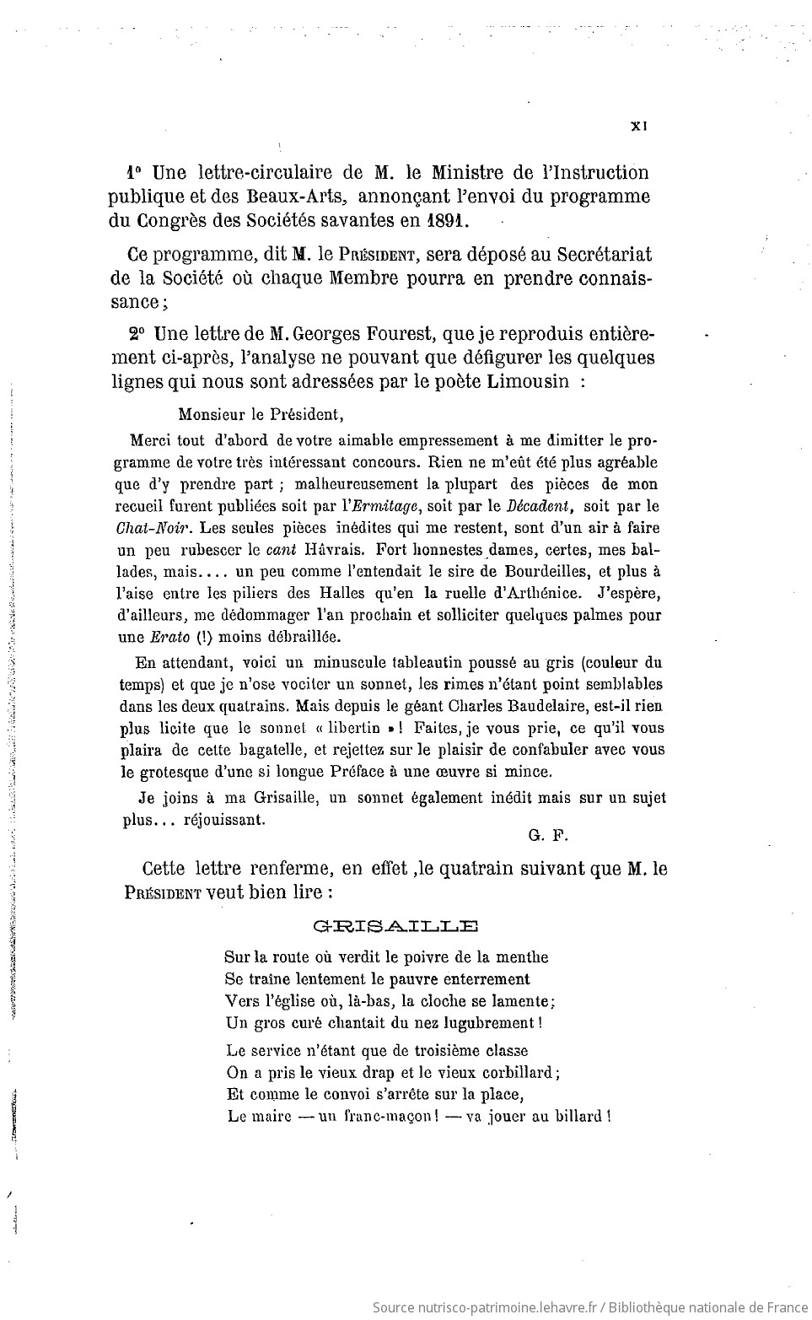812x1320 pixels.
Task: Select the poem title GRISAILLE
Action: click(x=395, y=926)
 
